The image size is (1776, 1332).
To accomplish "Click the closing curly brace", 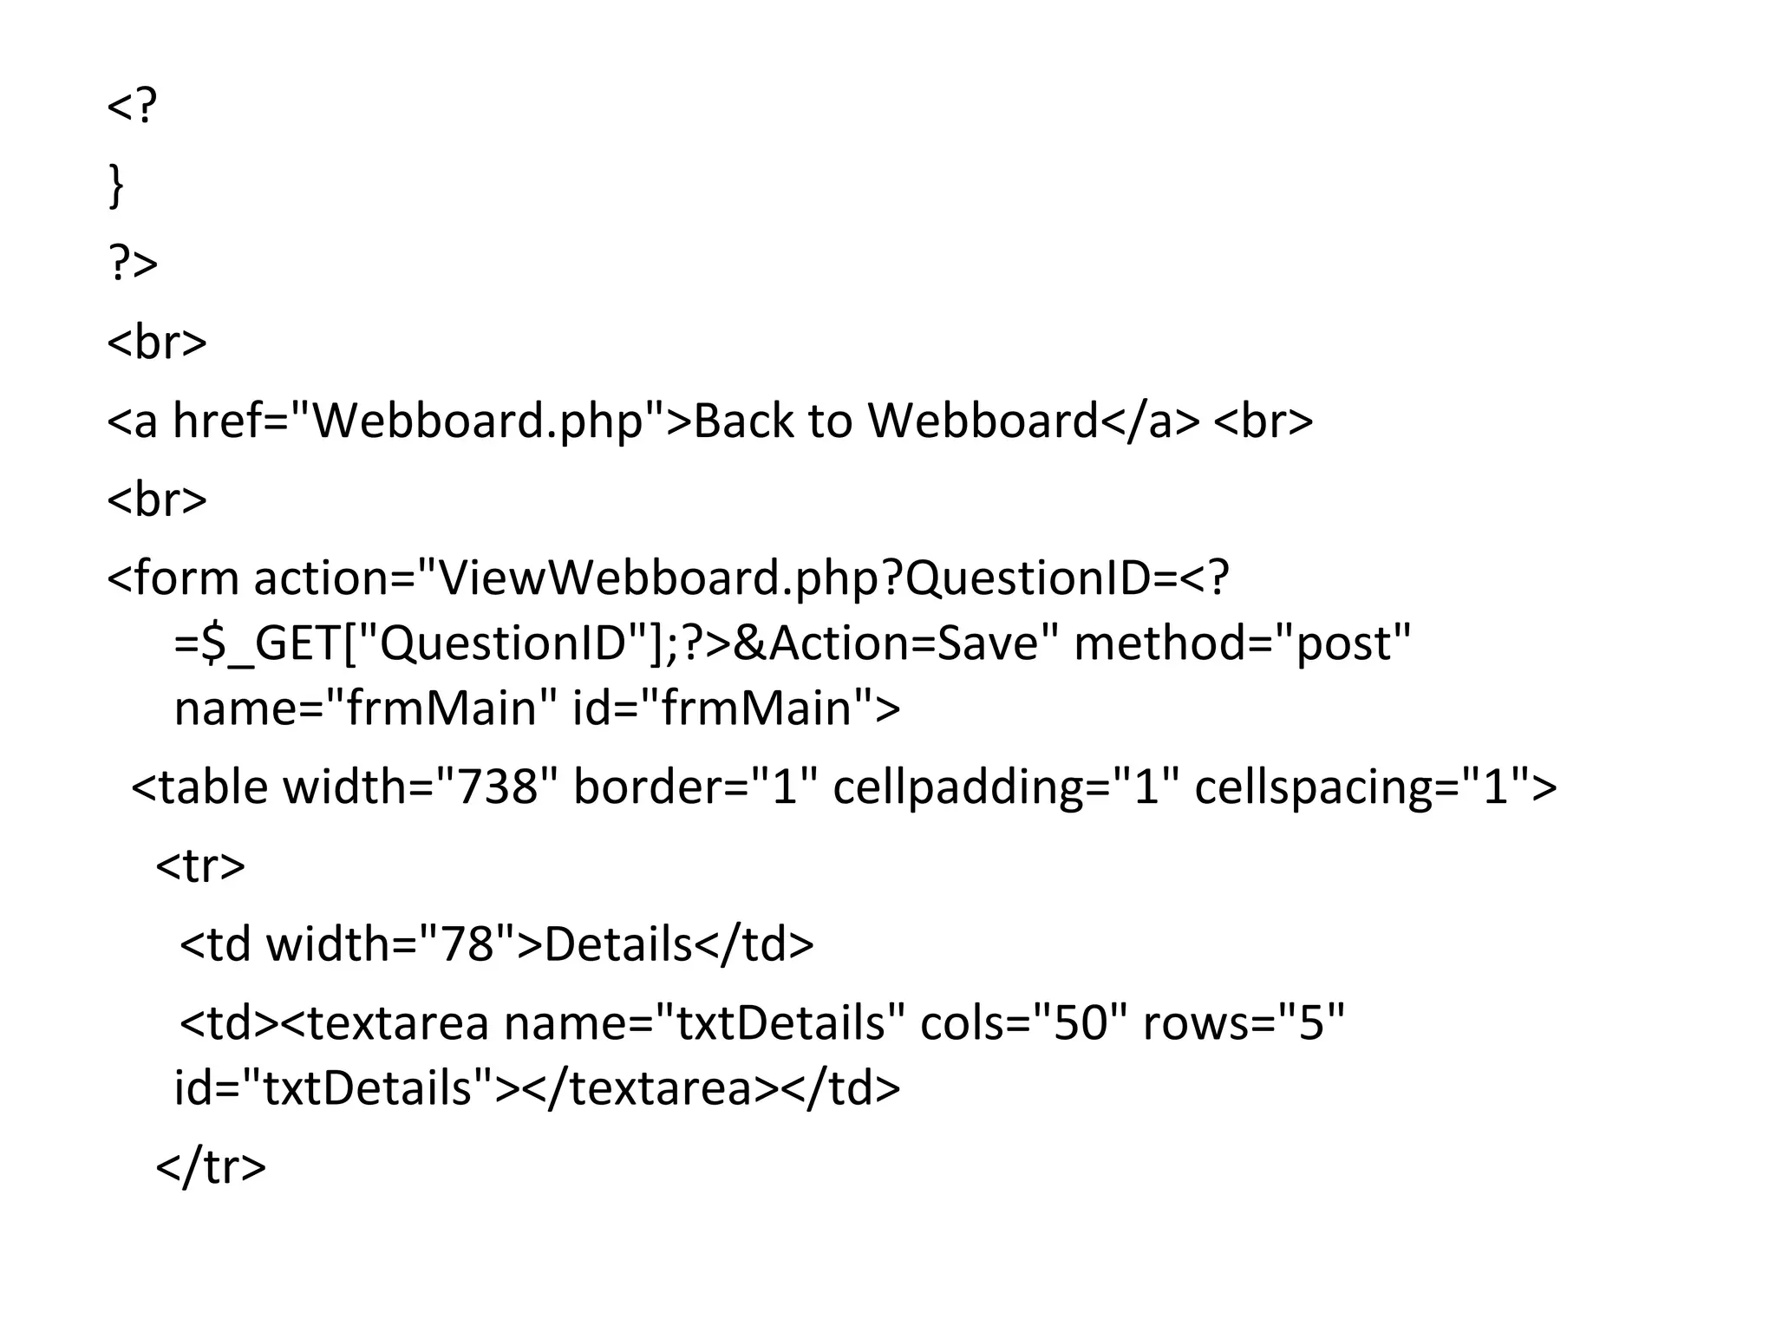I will (115, 186).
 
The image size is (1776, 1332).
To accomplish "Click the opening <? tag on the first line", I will (132, 106).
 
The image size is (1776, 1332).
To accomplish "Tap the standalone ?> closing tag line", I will (133, 264).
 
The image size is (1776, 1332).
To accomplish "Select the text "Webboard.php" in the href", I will (477, 421).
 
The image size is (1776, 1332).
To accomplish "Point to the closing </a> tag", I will (1149, 421).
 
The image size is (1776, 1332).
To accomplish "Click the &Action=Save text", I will (885, 643).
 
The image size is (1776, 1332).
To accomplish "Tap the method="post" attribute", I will (1242, 643).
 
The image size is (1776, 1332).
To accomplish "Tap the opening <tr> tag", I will (200, 865).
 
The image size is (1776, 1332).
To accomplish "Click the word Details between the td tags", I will (617, 943).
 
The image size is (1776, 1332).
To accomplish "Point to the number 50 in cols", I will (1080, 1023).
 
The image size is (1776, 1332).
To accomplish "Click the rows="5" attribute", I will (1243, 1023).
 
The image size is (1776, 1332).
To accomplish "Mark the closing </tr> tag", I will (211, 1166).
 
